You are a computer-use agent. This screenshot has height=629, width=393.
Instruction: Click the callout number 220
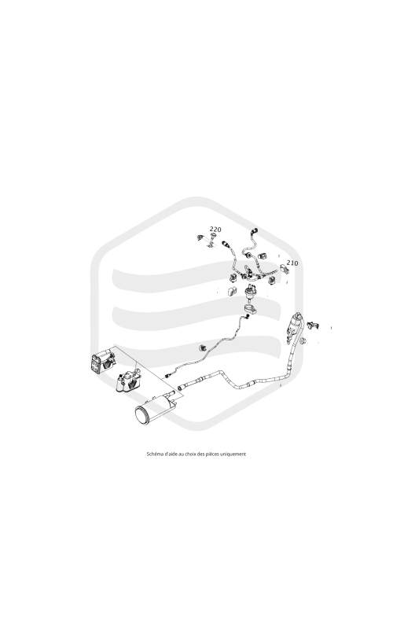pos(215,229)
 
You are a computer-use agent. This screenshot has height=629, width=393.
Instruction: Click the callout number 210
pos(292,263)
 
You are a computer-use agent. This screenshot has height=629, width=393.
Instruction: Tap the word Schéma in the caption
pos(153,454)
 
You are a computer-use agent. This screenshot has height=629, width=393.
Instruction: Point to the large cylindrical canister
pos(155,408)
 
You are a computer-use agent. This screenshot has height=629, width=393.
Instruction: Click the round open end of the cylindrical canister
pos(142,415)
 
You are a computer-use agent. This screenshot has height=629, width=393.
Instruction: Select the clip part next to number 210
pos(285,268)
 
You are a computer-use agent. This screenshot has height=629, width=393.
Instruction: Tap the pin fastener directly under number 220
pos(212,241)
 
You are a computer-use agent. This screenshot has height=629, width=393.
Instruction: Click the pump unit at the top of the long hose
pos(294,327)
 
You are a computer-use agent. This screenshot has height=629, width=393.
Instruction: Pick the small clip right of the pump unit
pos(312,325)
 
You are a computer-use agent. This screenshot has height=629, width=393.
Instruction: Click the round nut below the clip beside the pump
pos(303,340)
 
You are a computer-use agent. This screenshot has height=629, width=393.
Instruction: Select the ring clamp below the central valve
pos(249,309)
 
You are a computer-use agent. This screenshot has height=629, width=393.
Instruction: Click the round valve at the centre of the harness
pos(251,291)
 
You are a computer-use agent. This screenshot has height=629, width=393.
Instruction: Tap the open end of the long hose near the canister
pos(182,388)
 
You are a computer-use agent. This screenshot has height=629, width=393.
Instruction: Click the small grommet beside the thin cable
pos(204,346)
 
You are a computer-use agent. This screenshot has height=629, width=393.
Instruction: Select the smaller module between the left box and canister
pos(127,382)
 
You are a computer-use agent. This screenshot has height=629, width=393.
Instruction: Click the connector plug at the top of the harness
pos(253,231)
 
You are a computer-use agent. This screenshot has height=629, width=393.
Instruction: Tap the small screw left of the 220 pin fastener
pos(200,237)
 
